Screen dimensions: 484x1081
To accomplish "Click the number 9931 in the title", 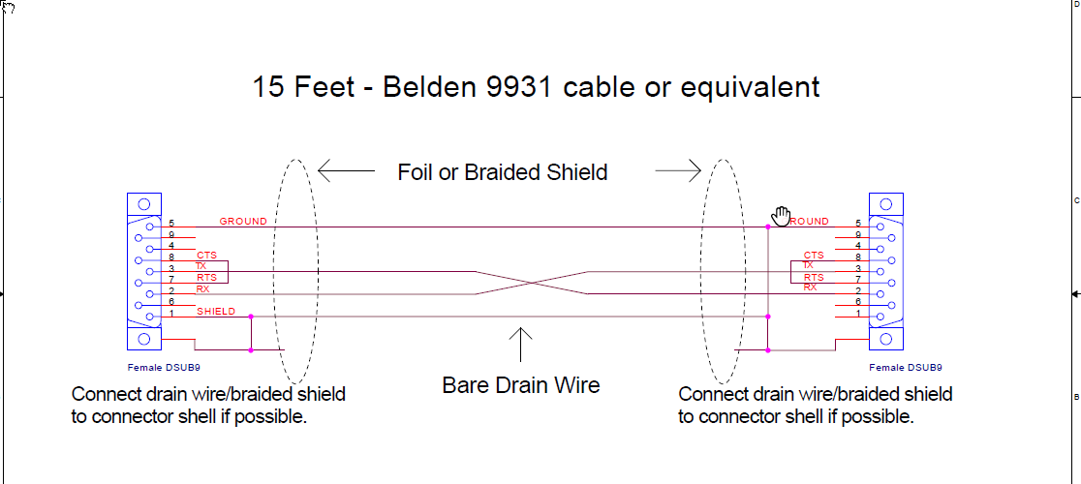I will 522,87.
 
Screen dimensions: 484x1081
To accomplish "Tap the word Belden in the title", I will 427,87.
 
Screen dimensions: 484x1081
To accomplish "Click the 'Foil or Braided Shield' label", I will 503,172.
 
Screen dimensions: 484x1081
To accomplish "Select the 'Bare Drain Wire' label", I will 521,385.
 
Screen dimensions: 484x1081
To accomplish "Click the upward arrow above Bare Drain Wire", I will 521,347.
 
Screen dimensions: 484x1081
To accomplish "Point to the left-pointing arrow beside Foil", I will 346,171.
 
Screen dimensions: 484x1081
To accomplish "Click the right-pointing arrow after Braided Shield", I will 678,171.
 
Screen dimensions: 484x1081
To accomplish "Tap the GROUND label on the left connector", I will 243,222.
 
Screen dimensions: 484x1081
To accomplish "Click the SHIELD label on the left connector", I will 216,312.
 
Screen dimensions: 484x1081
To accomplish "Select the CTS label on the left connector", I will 206,256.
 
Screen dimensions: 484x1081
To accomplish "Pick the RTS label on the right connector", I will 813,278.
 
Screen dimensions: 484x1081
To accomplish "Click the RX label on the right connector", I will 810,287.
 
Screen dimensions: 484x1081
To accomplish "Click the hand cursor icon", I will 781,215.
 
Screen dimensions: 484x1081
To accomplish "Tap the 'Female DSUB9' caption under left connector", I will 164,368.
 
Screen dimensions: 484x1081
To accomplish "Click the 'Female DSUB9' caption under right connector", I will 906,368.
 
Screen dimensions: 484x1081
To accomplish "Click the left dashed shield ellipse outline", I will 274,271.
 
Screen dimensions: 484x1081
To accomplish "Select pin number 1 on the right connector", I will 857,313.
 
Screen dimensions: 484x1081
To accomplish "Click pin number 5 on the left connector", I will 170,223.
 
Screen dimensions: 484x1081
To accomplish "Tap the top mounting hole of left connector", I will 143,204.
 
